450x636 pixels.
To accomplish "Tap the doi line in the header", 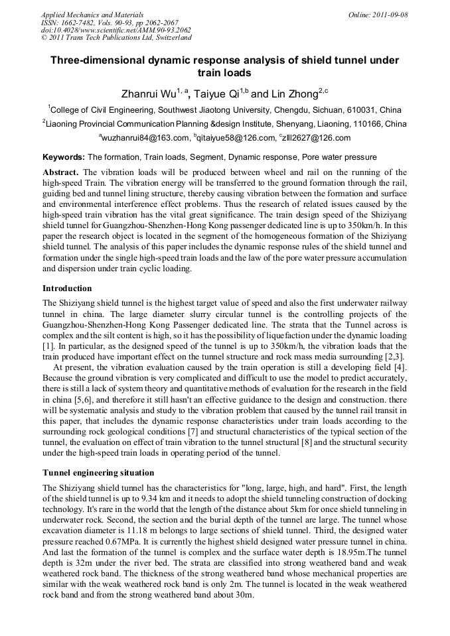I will [116, 30].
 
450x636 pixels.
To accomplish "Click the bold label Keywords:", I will [64, 157].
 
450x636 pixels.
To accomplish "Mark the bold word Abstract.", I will [61, 172].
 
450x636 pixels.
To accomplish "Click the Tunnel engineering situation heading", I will [98, 473].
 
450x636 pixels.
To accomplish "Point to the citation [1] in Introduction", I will [48, 346].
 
